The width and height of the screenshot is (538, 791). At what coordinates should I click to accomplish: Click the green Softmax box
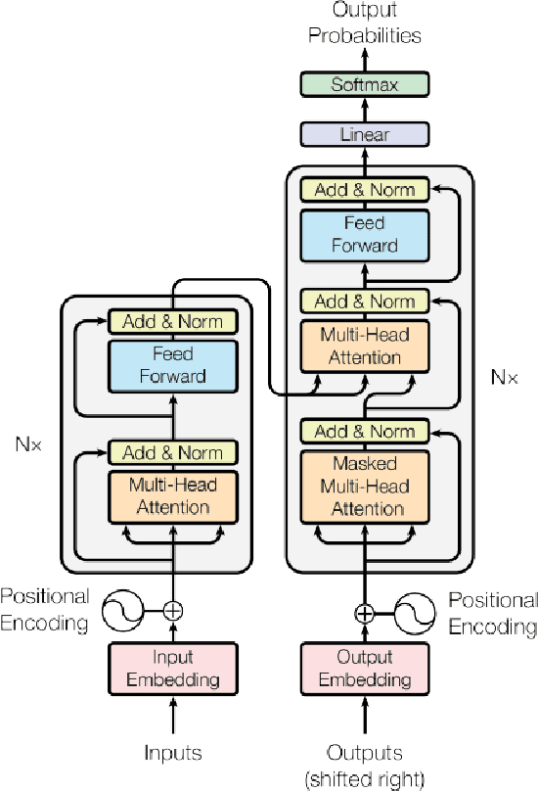tap(364, 85)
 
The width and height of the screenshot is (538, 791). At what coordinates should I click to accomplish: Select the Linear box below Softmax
tap(364, 134)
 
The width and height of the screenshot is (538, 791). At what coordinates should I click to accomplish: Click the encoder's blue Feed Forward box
tap(173, 364)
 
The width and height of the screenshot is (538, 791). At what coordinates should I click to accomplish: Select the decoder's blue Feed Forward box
tap(365, 235)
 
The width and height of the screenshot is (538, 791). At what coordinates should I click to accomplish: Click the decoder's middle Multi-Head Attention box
tap(365, 347)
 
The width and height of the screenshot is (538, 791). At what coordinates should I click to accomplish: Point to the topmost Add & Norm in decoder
tap(365, 190)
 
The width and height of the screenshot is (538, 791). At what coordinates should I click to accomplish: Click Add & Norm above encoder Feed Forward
tap(173, 320)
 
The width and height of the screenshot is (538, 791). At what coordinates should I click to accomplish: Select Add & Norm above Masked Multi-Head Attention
tap(365, 431)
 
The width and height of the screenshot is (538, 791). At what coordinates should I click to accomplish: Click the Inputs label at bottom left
tap(173, 753)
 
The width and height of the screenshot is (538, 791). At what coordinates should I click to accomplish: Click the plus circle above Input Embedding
tap(173, 610)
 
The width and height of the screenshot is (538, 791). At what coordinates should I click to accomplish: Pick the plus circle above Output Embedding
tap(364, 614)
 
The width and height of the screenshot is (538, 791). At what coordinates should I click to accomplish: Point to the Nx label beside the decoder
tap(502, 375)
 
